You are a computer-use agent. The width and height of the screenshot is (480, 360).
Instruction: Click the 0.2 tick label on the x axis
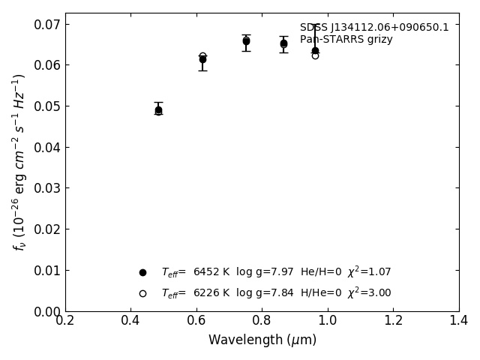[65, 321]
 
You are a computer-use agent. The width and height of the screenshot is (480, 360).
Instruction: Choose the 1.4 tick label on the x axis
[459, 321]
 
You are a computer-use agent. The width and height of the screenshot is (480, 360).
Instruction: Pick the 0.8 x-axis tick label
[262, 321]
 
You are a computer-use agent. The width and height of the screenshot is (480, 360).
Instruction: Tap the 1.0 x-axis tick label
[328, 321]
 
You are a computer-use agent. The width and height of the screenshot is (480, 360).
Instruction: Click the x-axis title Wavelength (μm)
[262, 340]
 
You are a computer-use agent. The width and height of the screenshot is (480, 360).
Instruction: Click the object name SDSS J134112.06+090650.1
[374, 28]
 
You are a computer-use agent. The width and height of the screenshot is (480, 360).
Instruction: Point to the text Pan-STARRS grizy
[346, 40]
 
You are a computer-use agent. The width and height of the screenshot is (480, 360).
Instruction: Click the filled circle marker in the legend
[142, 272]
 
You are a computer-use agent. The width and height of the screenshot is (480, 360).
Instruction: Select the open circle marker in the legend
[142, 293]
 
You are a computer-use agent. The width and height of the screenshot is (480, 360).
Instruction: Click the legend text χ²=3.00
[369, 293]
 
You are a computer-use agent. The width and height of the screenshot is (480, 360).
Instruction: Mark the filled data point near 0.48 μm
[158, 109]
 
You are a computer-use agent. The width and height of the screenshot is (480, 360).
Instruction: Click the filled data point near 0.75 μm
[246, 41]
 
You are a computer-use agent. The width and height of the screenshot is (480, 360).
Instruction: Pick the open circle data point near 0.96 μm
[315, 55]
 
